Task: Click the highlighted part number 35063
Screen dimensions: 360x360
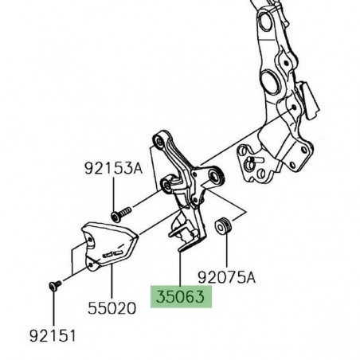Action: [180, 298]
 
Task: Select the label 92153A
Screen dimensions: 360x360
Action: [112, 168]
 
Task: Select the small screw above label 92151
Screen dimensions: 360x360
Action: [53, 284]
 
